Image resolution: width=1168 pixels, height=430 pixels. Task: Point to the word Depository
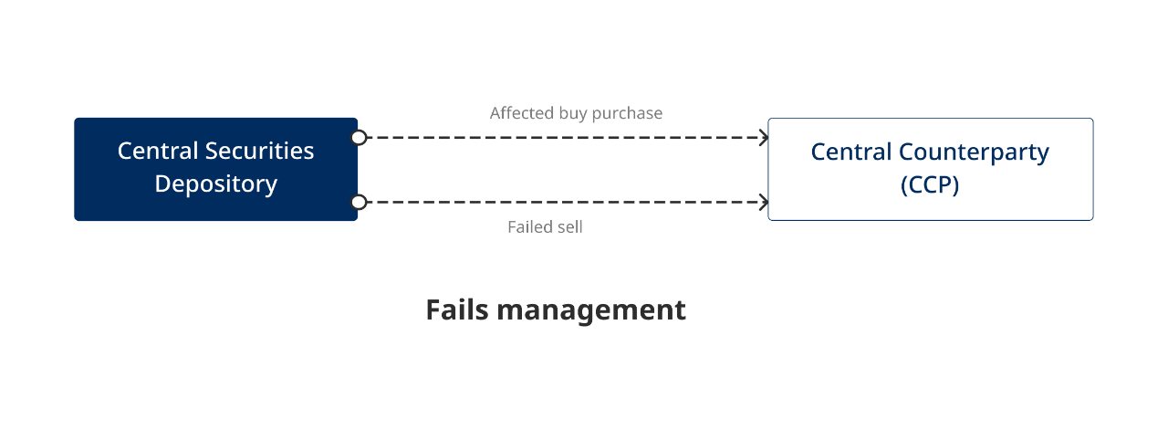(215, 184)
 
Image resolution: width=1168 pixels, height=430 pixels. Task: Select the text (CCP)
(930, 184)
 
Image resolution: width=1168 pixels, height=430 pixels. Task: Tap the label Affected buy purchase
(576, 113)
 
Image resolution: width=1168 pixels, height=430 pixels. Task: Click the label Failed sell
(545, 227)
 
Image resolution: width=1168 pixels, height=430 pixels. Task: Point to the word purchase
(628, 113)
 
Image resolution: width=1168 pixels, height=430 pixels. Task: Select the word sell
(569, 227)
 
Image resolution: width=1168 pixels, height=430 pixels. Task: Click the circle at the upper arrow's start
(360, 138)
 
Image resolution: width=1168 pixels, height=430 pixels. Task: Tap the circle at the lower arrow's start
(360, 202)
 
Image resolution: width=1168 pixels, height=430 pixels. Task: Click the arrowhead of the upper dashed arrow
(765, 138)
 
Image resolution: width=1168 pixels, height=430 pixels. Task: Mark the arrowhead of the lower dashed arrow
(765, 202)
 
